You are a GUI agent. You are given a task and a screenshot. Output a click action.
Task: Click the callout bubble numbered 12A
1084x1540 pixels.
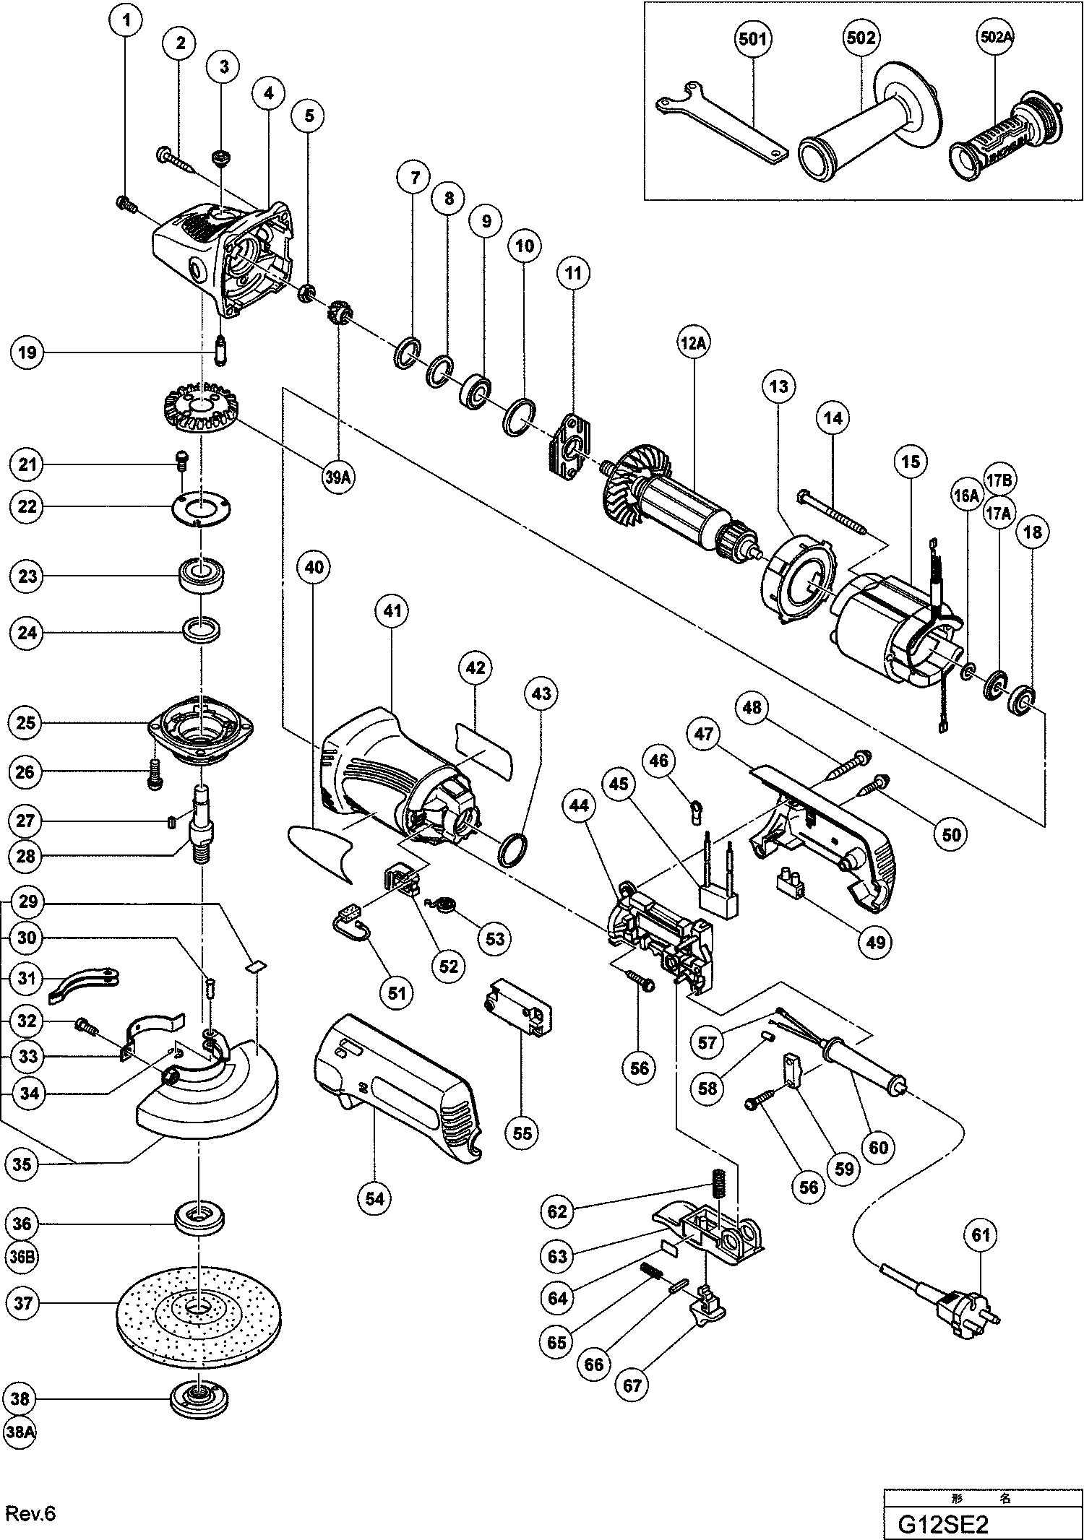coord(692,344)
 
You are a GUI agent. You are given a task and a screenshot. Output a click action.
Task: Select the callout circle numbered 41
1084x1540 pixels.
coord(392,611)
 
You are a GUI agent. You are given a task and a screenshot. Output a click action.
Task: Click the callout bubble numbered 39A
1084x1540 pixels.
coord(337,479)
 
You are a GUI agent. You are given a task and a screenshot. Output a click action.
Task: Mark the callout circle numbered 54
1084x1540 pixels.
coord(375,1198)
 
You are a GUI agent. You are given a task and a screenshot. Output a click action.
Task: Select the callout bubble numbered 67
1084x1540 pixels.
coord(634,1385)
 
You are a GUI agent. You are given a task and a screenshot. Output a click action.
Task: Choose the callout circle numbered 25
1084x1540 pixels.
coord(25,722)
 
